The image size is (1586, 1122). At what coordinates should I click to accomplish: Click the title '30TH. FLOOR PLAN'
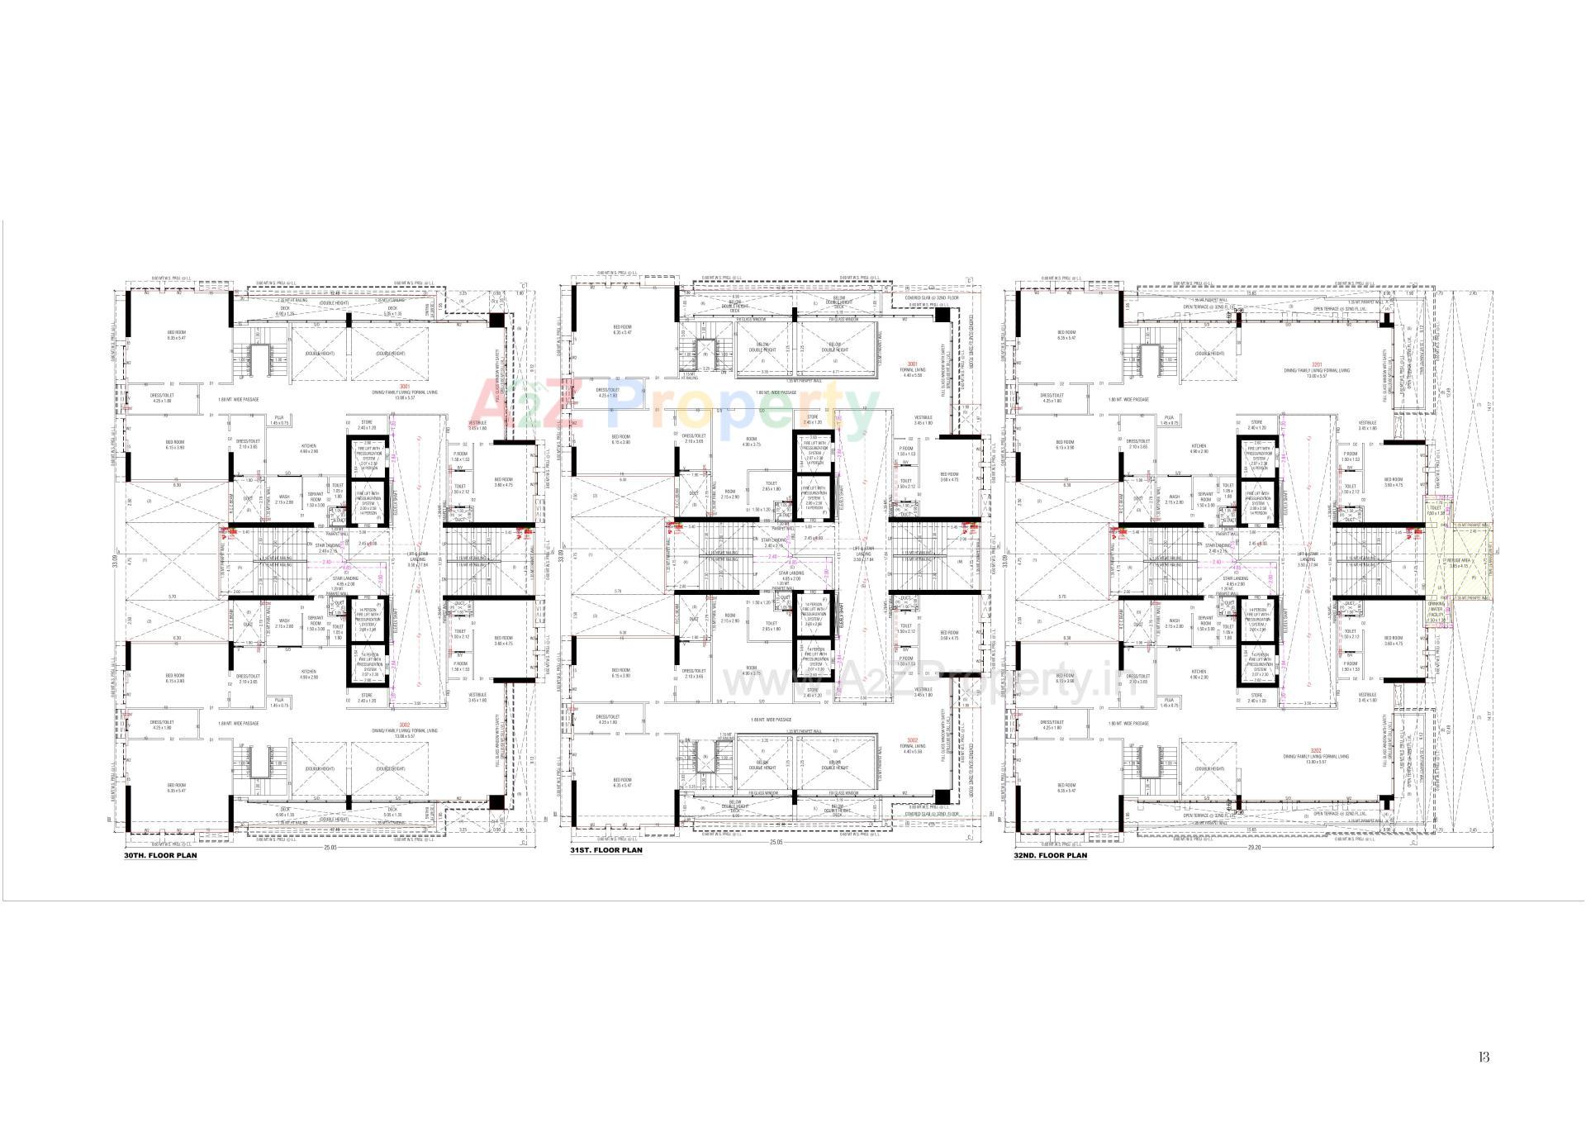coord(160,855)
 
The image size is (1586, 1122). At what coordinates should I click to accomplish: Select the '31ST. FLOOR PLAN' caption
coord(605,849)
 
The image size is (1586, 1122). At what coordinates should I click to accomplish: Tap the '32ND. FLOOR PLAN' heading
coord(1050,855)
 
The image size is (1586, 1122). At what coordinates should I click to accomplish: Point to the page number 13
coord(1484,1056)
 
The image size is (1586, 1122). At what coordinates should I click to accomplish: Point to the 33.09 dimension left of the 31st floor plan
coord(560,556)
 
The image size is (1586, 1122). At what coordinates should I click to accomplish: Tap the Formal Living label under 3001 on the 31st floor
coord(912,369)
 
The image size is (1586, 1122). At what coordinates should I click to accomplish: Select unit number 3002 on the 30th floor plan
coord(404,725)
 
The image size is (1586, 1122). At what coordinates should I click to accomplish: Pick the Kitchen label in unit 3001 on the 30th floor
coord(308,448)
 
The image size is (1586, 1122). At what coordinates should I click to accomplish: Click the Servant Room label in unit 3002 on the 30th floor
coord(315,620)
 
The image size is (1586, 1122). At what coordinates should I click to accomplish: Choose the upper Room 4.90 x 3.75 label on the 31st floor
coord(751,441)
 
